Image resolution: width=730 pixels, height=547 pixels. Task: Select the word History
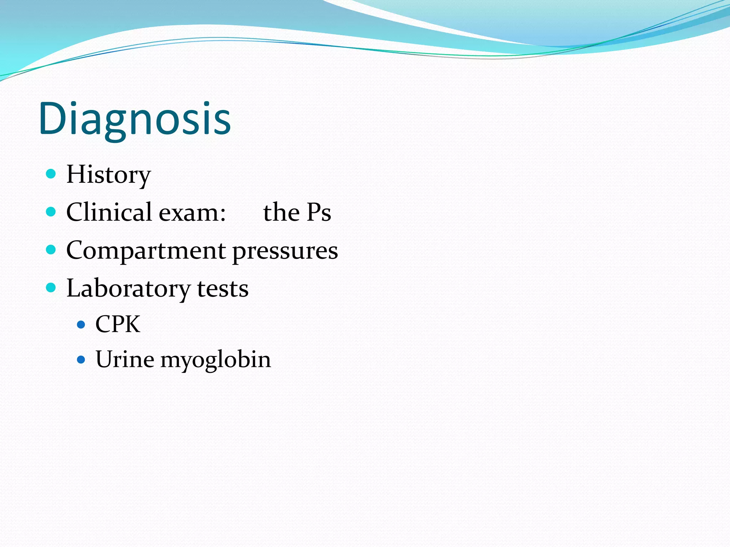(109, 174)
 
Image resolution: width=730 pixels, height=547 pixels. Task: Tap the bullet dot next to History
(51, 174)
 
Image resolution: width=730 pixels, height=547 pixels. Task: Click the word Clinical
(109, 212)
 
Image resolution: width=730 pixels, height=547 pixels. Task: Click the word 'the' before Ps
(281, 212)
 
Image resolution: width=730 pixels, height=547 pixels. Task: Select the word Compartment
(146, 251)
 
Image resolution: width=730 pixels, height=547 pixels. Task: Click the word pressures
(285, 251)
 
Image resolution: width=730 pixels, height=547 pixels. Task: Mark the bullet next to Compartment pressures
(51, 249)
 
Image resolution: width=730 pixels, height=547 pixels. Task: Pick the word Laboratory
(128, 288)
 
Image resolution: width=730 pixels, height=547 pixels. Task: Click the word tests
(223, 288)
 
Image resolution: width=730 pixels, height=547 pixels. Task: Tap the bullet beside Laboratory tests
(51, 287)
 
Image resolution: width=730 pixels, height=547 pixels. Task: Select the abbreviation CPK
(118, 324)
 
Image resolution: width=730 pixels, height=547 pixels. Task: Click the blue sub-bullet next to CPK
(81, 324)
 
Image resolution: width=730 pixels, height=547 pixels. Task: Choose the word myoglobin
(216, 360)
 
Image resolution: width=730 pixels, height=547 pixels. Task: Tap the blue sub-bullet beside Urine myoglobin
(81, 359)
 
